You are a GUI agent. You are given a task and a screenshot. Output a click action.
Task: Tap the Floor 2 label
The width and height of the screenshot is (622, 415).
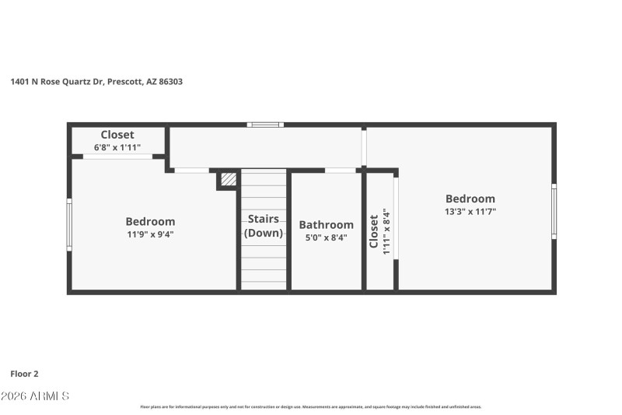click(x=24, y=374)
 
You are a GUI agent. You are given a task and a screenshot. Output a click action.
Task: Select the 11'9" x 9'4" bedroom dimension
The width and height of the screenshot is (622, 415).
click(x=150, y=234)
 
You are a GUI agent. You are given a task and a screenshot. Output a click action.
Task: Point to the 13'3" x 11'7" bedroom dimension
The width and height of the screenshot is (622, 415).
click(x=470, y=211)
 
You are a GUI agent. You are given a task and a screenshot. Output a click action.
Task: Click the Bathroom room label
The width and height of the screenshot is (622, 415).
click(x=326, y=225)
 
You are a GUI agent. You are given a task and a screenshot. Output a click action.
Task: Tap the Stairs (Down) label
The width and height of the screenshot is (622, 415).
click(x=263, y=226)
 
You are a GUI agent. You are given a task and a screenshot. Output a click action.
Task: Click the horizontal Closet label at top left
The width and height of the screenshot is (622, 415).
click(x=117, y=135)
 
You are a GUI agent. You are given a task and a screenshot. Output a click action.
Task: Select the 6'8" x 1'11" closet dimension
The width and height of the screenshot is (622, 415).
click(x=117, y=146)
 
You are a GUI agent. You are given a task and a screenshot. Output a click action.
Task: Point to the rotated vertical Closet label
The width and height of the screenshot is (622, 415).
click(x=374, y=231)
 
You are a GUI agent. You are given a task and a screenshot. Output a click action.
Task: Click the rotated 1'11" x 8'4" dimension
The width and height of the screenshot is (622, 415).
click(x=386, y=231)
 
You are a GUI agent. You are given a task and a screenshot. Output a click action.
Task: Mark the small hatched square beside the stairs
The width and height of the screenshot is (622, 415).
click(x=228, y=179)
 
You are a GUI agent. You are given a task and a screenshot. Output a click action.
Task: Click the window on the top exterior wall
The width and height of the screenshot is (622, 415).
click(x=265, y=124)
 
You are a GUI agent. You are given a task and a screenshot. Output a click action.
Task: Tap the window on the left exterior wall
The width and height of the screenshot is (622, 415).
click(x=69, y=224)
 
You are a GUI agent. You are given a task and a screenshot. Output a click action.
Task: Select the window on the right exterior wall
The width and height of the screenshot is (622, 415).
click(x=554, y=210)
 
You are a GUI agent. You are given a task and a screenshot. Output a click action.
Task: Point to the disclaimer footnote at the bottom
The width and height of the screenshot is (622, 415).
click(x=310, y=406)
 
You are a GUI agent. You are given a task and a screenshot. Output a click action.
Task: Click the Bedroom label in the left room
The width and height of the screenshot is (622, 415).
click(x=150, y=221)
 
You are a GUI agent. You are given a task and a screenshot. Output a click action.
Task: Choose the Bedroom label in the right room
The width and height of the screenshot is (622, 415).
click(x=470, y=199)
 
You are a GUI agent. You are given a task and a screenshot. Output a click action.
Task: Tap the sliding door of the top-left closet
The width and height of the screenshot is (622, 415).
click(x=118, y=157)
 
